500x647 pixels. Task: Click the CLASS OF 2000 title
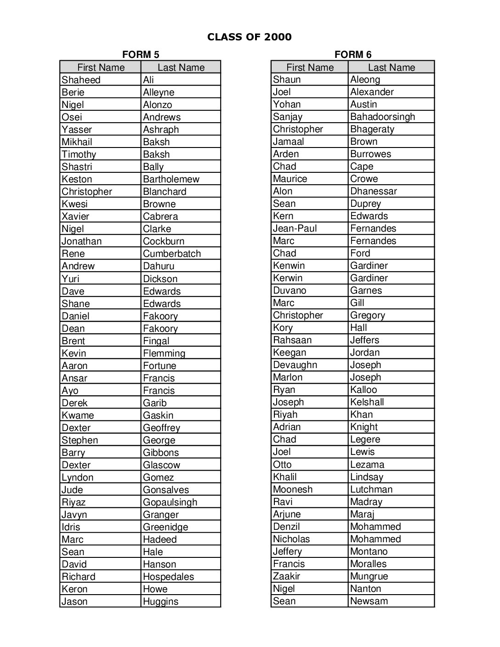coord(249,37)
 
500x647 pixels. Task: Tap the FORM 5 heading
coord(141,55)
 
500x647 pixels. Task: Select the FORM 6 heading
coord(353,55)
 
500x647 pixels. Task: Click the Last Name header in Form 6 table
coord(391,68)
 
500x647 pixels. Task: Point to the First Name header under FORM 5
coord(101,68)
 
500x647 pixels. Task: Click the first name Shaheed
coord(81,80)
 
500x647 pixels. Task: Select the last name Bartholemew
coord(171,179)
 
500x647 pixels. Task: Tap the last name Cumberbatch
coord(172,254)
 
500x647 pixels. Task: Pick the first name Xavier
coord(75,216)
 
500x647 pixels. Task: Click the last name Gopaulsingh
coord(170,502)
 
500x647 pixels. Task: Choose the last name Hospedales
coord(168,577)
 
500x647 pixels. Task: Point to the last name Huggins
coord(160,602)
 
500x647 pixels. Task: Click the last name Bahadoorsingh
coord(382,117)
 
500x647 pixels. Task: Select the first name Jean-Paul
coord(295,228)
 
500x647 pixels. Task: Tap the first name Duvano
coord(290,290)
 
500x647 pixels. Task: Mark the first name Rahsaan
coord(292,340)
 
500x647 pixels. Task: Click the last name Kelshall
coord(367,402)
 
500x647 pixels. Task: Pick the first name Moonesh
coord(293,489)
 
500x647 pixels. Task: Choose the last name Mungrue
coord(369,576)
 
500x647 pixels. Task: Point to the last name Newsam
coord(369,601)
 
